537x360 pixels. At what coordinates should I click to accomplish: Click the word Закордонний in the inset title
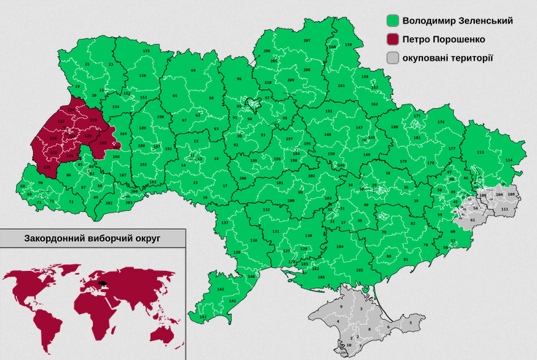point(53,238)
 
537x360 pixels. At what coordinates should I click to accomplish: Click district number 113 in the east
point(480,152)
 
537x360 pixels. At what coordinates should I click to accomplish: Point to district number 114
point(509,160)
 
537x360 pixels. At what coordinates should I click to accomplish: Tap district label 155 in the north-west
point(146,50)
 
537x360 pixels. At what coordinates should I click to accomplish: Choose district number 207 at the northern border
point(307,40)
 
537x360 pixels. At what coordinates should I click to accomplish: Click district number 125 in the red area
point(47,168)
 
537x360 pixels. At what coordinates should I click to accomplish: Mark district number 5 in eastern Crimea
point(411,322)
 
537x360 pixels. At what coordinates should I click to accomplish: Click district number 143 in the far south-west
point(202,317)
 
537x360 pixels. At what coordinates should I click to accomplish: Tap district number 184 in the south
point(339,247)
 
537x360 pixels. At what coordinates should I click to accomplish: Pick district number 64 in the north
point(194,70)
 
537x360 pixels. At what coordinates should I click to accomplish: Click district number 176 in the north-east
point(441,122)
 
